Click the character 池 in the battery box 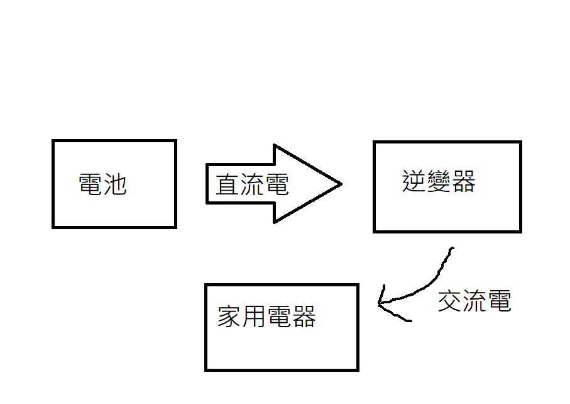[115, 184]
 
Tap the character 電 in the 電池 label [90, 184]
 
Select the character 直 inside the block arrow [227, 185]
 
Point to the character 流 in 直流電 [252, 185]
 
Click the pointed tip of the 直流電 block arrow [340, 184]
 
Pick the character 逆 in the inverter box [414, 181]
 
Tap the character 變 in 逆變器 [438, 181]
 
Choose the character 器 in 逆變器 [463, 181]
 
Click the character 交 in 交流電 [450, 302]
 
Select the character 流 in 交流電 [474, 302]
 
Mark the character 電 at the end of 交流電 [499, 302]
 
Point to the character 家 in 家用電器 [229, 317]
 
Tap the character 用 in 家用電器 [254, 317]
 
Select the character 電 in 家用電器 [278, 317]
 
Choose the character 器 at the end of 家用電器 [303, 317]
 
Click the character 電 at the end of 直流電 [277, 185]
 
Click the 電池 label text [102, 184]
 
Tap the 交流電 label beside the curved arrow [474, 302]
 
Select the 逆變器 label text [438, 181]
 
